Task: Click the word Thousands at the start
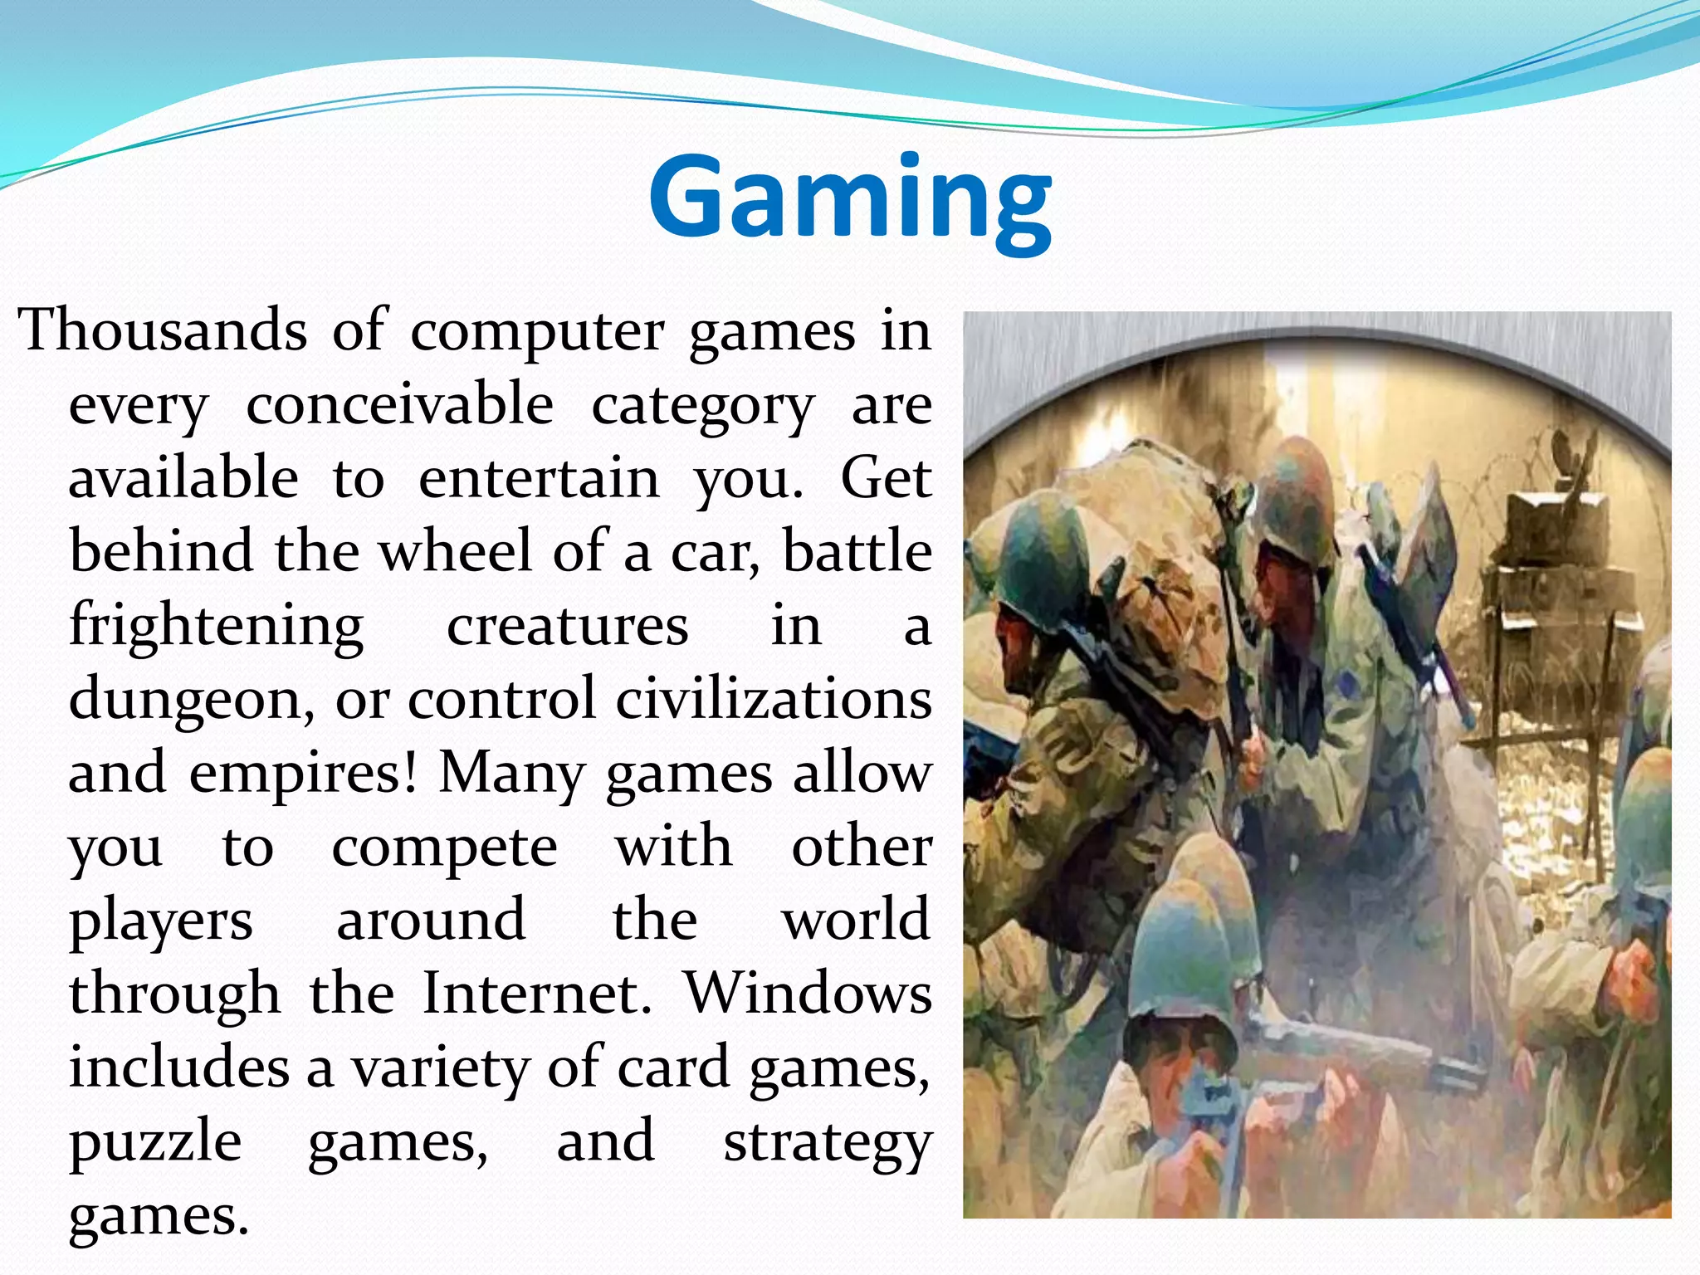point(163,331)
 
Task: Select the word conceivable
point(399,404)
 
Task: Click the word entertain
point(539,479)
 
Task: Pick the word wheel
point(454,551)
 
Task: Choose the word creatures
point(568,626)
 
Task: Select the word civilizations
point(774,698)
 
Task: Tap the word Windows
point(808,994)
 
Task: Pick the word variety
point(441,1069)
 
